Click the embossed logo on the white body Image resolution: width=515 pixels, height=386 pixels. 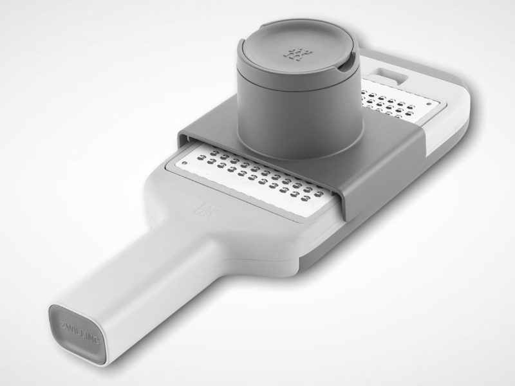[207, 211]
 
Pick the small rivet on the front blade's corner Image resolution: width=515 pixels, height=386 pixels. [185, 163]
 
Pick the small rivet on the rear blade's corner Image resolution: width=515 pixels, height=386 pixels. [429, 104]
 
